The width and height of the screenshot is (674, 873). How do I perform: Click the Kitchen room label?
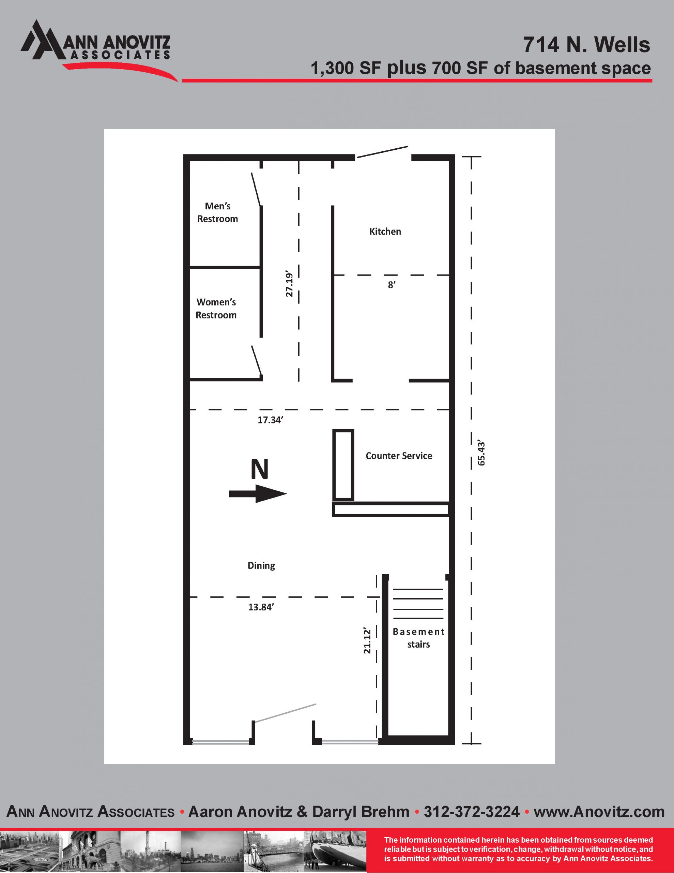(x=385, y=232)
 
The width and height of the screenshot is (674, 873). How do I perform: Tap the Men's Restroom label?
(x=218, y=212)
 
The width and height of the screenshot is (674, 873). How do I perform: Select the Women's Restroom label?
(x=216, y=309)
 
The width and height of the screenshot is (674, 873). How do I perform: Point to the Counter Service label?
(x=399, y=456)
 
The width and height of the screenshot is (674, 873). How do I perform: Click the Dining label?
(x=261, y=566)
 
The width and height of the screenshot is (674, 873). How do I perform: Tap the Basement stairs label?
(x=418, y=638)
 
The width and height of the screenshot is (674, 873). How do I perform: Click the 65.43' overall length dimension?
(x=481, y=454)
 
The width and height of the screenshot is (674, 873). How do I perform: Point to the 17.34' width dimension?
(x=270, y=420)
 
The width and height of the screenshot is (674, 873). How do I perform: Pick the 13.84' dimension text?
(x=261, y=607)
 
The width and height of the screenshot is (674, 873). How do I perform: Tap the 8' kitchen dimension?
(x=392, y=285)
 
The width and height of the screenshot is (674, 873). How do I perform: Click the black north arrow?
(x=258, y=494)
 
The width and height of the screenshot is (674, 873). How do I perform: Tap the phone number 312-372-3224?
(x=472, y=811)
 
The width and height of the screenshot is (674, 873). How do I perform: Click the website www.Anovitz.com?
(x=599, y=811)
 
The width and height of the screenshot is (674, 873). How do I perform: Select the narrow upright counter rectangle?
(x=343, y=465)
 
